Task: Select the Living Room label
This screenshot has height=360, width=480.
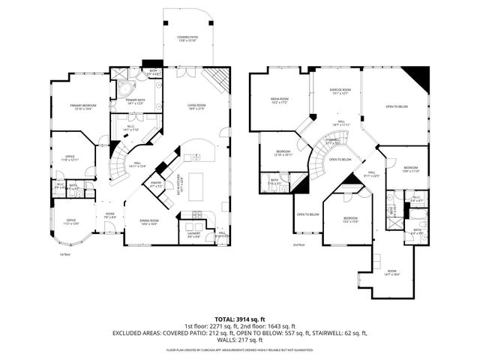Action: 196,107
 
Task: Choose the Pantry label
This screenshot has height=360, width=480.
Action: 156,184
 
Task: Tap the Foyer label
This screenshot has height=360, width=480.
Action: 109,214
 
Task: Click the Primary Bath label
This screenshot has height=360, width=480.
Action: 135,100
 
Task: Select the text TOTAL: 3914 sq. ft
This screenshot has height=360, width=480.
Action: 239,318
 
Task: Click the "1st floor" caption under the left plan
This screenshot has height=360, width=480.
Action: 64,254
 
